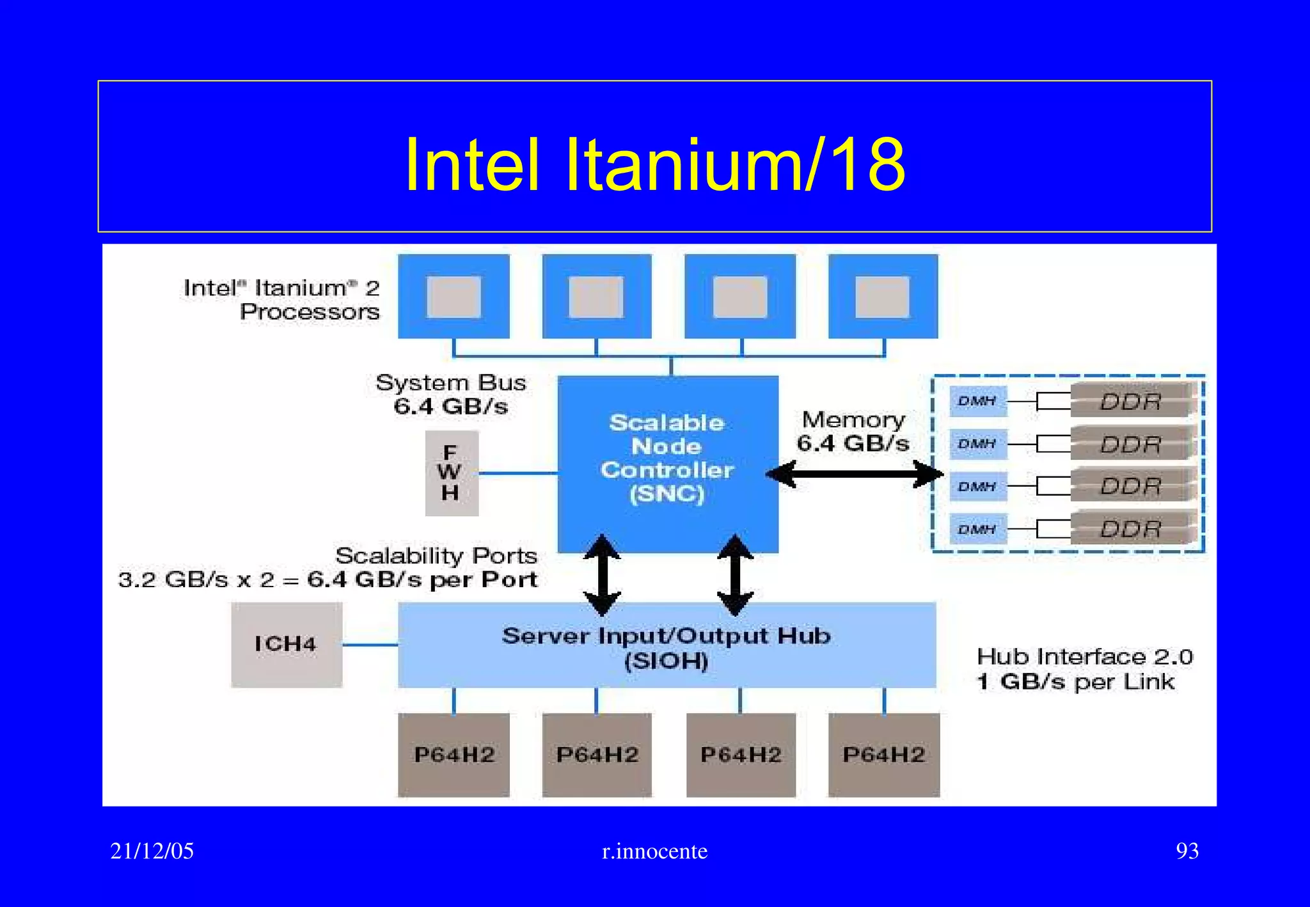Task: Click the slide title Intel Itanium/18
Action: pos(654,164)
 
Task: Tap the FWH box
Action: pos(451,473)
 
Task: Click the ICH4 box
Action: pos(286,644)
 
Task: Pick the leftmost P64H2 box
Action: pos(454,755)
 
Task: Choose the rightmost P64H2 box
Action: pos(883,755)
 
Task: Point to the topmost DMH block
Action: pos(977,401)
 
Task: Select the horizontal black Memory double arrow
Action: pos(855,475)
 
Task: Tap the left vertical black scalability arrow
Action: pos(602,575)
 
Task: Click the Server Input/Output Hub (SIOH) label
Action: pos(666,647)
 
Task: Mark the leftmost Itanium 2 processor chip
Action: pos(454,296)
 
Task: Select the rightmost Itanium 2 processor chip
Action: pos(883,296)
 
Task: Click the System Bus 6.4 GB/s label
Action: pos(451,394)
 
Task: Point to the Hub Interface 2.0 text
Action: pos(1084,657)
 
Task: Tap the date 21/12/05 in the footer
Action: pos(152,851)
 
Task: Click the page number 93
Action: pos(1187,851)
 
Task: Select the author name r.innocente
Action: pos(654,851)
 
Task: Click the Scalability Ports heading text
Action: pos(436,555)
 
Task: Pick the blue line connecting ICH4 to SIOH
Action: pos(370,645)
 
